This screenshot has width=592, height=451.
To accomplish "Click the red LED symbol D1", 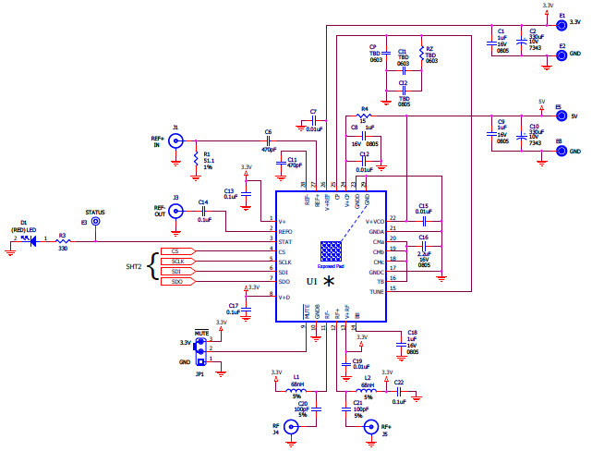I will click(x=34, y=242).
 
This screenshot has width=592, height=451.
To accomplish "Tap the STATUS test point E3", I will click(x=95, y=222).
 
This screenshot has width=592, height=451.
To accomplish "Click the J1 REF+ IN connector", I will click(x=175, y=141).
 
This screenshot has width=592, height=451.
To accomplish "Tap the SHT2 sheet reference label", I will click(x=135, y=266).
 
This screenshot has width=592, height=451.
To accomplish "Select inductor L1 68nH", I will click(x=298, y=389).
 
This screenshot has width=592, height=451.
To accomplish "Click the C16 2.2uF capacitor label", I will click(x=424, y=251).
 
